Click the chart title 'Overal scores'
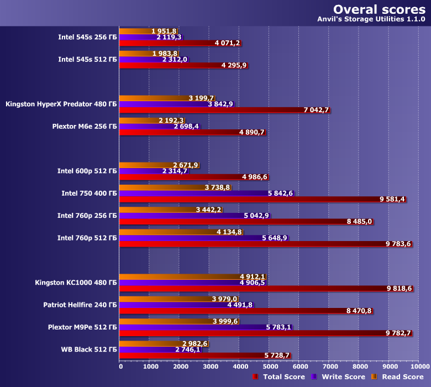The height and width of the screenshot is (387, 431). pyautogui.click(x=379, y=9)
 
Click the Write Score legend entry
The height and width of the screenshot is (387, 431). pyautogui.click(x=338, y=377)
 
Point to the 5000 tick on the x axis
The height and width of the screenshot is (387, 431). pyautogui.click(x=269, y=366)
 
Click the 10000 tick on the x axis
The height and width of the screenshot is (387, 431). pyautogui.click(x=418, y=366)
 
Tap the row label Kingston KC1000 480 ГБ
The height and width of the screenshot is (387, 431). pyautogui.click(x=76, y=283)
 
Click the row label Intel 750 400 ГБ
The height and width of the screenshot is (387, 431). pyautogui.click(x=89, y=193)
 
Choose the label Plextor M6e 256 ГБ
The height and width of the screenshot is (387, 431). pyautogui.click(x=84, y=127)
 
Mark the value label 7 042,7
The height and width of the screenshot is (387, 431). pyautogui.click(x=316, y=111)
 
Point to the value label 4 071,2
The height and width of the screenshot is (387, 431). pyautogui.click(x=227, y=43)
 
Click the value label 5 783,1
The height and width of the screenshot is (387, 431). pyautogui.click(x=278, y=327)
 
